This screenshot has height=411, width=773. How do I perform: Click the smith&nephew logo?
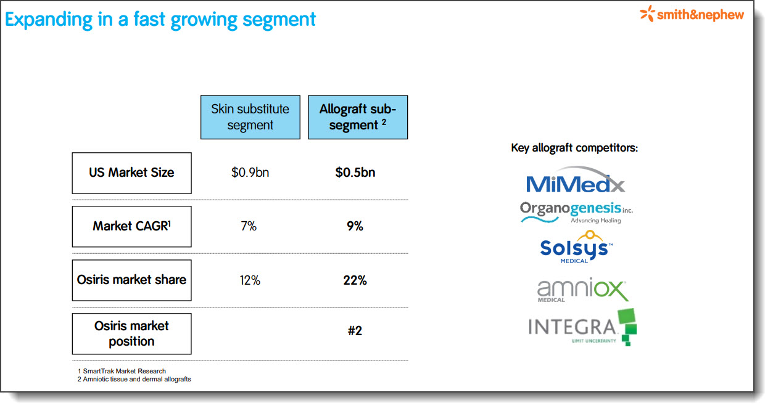(x=692, y=14)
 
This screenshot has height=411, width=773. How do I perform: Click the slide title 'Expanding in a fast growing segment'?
(x=160, y=20)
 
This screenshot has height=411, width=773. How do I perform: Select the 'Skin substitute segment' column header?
(x=250, y=117)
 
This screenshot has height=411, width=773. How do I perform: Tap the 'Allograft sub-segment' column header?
(x=358, y=117)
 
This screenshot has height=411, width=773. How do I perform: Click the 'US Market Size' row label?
(x=131, y=173)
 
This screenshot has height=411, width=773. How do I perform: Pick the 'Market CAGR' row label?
(x=131, y=227)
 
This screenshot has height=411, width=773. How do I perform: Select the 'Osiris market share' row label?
(x=131, y=280)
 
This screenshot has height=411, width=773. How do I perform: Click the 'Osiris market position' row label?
(x=131, y=334)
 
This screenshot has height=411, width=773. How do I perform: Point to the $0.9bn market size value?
(x=250, y=173)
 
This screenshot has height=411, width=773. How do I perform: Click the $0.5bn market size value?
(x=355, y=173)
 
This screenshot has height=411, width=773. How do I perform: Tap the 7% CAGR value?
(x=249, y=226)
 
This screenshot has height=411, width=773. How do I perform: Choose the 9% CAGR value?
(x=355, y=226)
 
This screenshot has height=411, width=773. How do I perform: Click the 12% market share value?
(x=250, y=280)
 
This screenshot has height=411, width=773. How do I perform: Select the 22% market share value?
(x=355, y=280)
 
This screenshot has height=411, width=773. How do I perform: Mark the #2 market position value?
(x=355, y=331)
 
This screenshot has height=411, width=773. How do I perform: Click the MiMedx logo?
(x=575, y=180)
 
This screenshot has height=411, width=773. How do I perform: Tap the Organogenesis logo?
(x=576, y=213)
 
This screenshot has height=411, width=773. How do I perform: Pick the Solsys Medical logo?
(x=576, y=247)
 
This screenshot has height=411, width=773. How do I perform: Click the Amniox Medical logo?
(x=582, y=290)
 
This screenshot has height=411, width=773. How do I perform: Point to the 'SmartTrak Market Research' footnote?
(x=121, y=371)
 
